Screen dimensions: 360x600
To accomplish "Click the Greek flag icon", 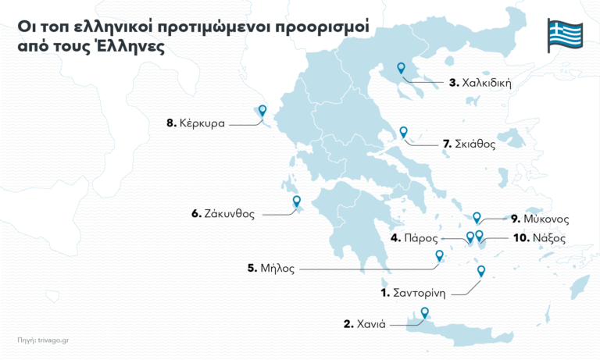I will coord(564,36).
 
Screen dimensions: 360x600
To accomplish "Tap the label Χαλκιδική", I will coord(480,82).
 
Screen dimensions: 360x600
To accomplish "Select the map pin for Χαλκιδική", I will coord(402,69).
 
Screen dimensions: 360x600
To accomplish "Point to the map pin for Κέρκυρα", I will coord(262,112).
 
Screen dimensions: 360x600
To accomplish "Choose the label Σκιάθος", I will coord(469,144).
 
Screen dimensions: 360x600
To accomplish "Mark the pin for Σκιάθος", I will coord(403,132).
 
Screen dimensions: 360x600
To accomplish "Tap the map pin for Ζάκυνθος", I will coord(297,201).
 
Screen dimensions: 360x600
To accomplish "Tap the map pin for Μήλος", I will coord(439,255).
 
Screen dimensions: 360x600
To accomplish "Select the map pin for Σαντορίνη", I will coord(480,271).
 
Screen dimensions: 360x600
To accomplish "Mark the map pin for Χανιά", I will coord(425,313).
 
